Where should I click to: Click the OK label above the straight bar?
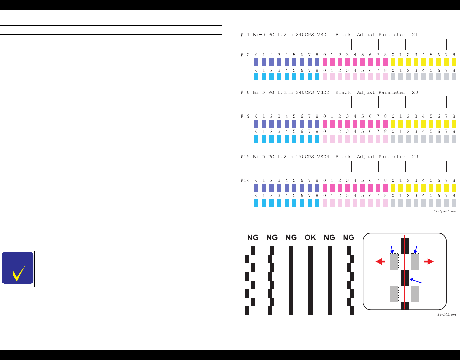[310, 238]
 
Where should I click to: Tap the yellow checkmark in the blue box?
[19, 273]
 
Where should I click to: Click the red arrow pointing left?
[380, 261]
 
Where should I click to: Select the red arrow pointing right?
[429, 261]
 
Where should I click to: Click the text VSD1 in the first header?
[323, 35]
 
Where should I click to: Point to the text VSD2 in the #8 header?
[323, 92]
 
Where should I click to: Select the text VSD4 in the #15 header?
[323, 157]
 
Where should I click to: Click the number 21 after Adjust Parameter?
[415, 35]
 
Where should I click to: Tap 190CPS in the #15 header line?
[305, 157]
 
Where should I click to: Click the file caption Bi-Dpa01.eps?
[445, 211]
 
